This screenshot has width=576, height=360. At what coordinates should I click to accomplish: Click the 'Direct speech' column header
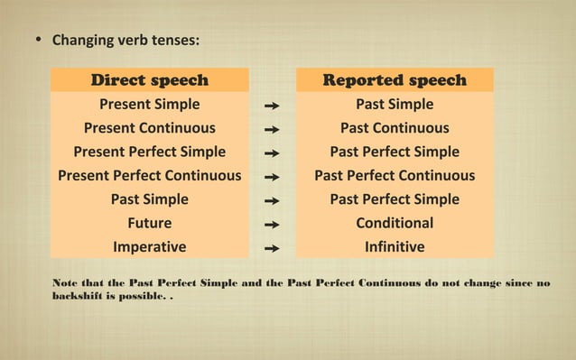coord(149,80)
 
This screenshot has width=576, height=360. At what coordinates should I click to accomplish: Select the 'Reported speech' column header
coord(395,80)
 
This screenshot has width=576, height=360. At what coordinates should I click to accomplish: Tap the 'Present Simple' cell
coord(149,105)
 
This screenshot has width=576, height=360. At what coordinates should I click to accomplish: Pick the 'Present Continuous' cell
coord(149,128)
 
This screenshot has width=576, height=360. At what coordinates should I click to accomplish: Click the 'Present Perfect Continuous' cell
coord(149,175)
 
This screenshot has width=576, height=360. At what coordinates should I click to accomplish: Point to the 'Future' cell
coord(149,223)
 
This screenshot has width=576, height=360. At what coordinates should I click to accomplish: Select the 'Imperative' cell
coord(149,246)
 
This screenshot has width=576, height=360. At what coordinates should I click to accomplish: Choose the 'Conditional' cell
coord(395,223)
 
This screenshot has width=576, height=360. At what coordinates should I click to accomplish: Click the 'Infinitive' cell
coord(395,246)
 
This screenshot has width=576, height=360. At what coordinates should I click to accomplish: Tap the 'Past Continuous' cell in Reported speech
coord(395,128)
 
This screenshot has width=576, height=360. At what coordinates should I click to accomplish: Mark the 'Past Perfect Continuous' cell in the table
coord(395,175)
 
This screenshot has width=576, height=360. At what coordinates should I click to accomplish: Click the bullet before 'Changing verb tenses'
coord(38,42)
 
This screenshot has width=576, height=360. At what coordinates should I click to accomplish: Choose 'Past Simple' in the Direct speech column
coord(149,198)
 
